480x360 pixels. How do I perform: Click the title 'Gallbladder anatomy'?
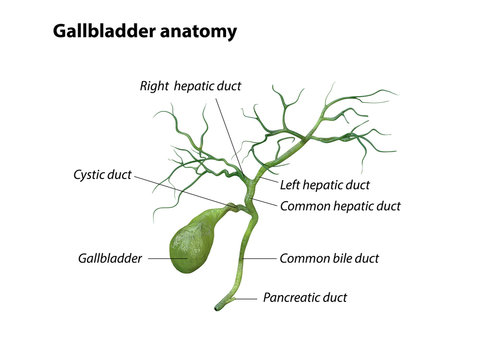tap(144, 31)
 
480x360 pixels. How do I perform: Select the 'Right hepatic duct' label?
tap(190, 86)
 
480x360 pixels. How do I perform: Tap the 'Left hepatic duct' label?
tap(325, 185)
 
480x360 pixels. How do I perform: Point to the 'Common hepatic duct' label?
tap(340, 206)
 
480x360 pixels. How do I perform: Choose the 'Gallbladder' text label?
tap(108, 258)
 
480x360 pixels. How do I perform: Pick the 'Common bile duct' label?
tap(329, 258)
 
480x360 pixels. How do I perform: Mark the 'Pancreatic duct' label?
tap(311, 297)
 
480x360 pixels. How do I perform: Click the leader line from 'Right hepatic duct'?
tap(225, 130)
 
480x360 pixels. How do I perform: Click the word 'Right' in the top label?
tap(154, 86)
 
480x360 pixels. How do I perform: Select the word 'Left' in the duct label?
tap(291, 185)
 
